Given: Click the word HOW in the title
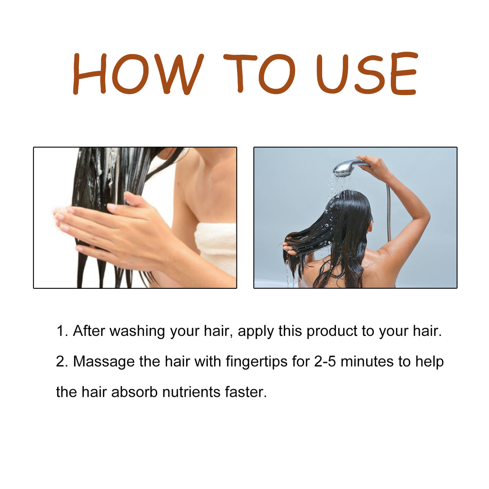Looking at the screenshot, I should pyautogui.click(x=138, y=74).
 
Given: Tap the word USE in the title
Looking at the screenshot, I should pyautogui.click(x=366, y=74).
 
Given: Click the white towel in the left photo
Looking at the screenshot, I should pyautogui.click(x=217, y=246).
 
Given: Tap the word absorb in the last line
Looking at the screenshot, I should pyautogui.click(x=134, y=392).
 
